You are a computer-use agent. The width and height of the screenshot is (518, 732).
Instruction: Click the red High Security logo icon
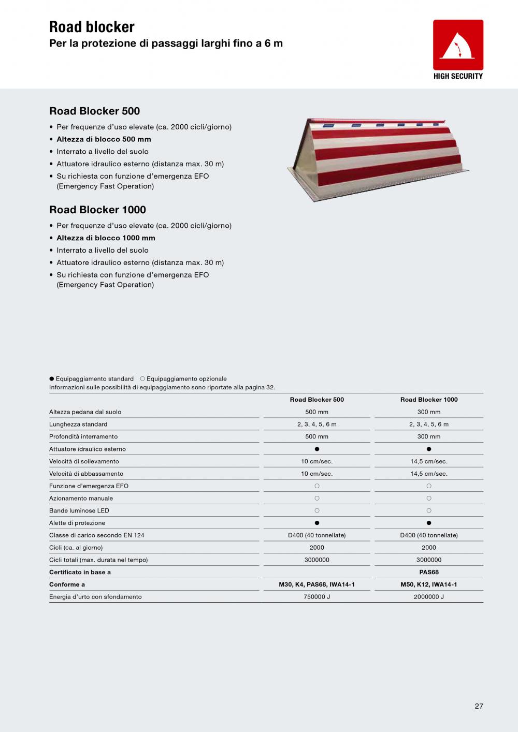coord(458,45)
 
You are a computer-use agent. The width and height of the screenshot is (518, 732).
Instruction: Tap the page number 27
coord(479,706)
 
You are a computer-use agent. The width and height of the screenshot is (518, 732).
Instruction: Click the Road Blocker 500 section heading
coord(94,111)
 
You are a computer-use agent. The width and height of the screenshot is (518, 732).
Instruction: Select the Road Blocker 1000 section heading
coord(97,210)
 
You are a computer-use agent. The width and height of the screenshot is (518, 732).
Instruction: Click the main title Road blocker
coord(92,27)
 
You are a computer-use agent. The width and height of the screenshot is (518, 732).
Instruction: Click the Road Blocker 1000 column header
coord(429,400)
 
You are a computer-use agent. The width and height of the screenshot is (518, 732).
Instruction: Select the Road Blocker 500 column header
coord(316,400)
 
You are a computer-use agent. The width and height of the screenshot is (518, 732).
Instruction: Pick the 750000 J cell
coord(316,597)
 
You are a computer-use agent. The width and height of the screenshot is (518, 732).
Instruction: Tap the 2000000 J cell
coord(429,597)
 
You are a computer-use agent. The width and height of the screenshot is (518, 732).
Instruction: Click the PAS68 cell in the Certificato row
coord(429,572)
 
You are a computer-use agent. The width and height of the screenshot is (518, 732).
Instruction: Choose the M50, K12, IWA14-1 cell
coord(429,584)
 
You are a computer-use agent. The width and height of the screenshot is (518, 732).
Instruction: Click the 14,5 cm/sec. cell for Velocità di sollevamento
coord(429,461)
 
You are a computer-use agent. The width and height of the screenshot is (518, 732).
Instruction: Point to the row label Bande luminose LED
coord(79,510)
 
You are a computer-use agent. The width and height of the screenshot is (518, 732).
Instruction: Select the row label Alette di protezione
coord(77,523)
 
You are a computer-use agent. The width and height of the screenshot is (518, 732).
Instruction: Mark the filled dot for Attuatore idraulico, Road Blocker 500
coord(317,449)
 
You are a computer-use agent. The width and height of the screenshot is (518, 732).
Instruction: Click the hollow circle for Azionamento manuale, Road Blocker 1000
coord(429,499)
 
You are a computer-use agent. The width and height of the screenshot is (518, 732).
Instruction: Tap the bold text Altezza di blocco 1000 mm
coord(106,238)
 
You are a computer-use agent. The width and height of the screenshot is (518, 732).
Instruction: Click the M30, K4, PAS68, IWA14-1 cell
coord(316,584)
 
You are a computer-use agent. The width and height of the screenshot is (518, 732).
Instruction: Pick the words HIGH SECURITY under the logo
coord(458,76)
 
